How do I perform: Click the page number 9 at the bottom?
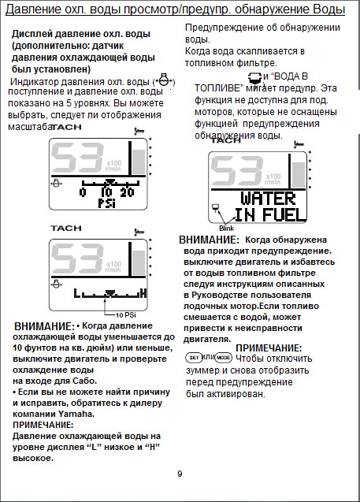coord(180,474)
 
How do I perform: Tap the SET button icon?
coord(194,357)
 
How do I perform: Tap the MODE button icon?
coord(224,357)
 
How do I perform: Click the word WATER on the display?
coord(268,199)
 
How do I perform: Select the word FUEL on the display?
coord(284,214)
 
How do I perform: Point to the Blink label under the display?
coord(227,229)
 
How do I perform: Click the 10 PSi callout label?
coord(126,315)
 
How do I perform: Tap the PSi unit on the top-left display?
coord(106,203)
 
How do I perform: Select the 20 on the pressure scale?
coord(127,192)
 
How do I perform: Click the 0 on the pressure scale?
coord(83,192)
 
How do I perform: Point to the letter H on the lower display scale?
coord(143,293)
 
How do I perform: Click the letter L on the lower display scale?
coord(76,293)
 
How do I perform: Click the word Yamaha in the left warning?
coord(76,414)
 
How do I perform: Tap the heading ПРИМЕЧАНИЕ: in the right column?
coord(269,348)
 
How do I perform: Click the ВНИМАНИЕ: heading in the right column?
coord(209,240)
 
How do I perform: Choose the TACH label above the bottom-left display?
coord(66,229)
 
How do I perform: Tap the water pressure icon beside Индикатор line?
coord(164,80)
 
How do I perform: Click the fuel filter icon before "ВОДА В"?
coord(255,78)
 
